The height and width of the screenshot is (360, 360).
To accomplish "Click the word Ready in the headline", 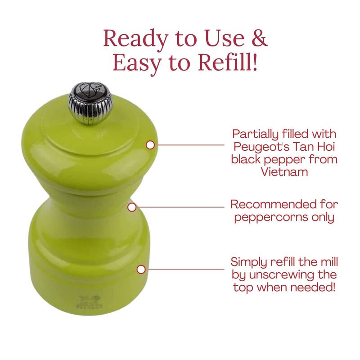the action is tap(136, 39).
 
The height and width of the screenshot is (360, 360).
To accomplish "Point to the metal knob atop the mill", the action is tap(90, 103).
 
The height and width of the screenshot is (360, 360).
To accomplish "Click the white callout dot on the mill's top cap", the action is tap(150, 145).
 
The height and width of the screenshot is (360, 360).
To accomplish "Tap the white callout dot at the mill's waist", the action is tap(132, 207).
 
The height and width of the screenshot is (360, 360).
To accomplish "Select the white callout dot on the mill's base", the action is tap(141, 269).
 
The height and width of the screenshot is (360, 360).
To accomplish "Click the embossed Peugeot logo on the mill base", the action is tap(89, 302).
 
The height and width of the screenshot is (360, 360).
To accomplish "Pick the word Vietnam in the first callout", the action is tap(284, 171).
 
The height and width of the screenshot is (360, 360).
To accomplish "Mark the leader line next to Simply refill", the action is tap(185, 269).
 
